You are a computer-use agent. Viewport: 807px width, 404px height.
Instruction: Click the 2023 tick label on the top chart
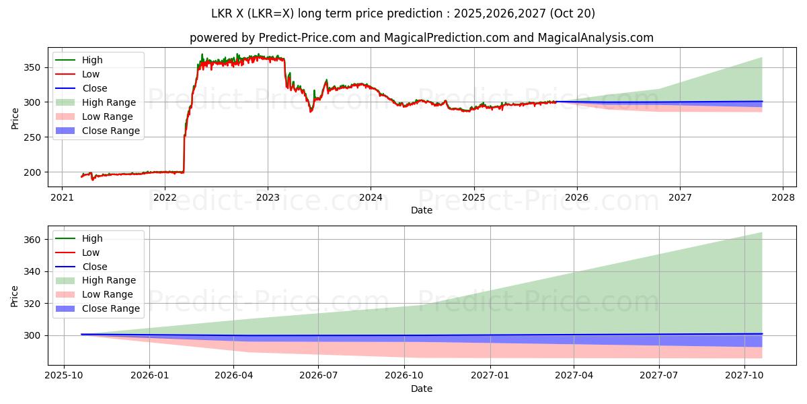[x=268, y=198]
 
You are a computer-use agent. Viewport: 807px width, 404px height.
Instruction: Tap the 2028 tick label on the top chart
[x=782, y=198]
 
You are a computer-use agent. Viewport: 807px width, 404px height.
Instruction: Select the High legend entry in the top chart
[x=92, y=60]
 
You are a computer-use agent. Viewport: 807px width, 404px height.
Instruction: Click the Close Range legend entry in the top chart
[x=111, y=131]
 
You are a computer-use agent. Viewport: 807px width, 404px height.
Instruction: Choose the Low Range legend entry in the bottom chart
[x=108, y=294]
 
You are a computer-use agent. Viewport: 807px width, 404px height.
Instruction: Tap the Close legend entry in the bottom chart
[x=94, y=267]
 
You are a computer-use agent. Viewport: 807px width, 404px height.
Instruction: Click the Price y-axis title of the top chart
[x=15, y=119]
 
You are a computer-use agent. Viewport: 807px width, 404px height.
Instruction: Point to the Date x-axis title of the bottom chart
[x=422, y=389]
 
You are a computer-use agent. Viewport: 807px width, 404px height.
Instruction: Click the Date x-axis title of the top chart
[x=422, y=210]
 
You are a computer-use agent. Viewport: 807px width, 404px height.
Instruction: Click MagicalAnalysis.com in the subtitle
[x=595, y=38]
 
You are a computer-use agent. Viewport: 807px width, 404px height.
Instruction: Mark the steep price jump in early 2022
[x=184, y=145]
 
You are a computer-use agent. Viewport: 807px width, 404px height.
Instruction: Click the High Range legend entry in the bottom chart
[x=109, y=280]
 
